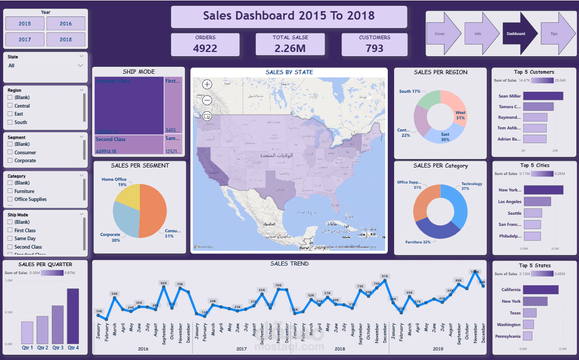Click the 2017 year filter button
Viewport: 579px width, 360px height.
(x=25, y=40)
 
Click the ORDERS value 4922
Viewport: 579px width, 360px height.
(x=205, y=48)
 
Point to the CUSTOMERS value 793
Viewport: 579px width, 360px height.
(x=375, y=48)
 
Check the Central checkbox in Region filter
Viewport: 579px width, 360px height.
(x=10, y=106)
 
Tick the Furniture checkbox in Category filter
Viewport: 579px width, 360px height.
(x=10, y=191)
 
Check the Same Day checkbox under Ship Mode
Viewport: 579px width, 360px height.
(x=10, y=239)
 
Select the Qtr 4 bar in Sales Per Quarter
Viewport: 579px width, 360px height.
(x=73, y=316)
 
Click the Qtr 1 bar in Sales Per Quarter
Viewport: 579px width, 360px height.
(x=27, y=332)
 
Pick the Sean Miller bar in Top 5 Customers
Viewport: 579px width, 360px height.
(x=543, y=96)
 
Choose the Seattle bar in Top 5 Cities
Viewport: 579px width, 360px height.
(x=532, y=213)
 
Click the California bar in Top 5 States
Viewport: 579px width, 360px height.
(x=540, y=290)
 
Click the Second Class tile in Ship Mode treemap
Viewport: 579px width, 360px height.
(x=129, y=145)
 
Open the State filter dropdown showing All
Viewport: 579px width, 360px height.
(x=45, y=66)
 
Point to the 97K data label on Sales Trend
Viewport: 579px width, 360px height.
(x=385, y=276)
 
